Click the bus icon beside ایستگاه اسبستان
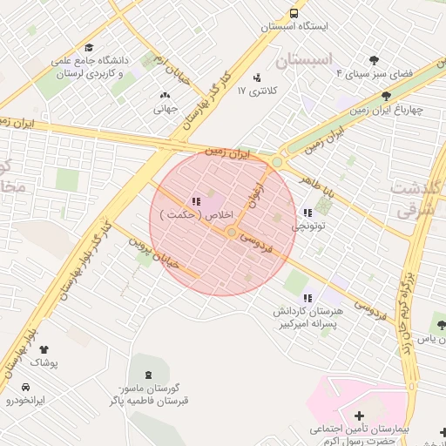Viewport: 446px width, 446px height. coord(294,13)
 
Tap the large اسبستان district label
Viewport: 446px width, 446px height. coord(304,62)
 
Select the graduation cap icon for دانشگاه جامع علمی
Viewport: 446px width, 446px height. coord(89,47)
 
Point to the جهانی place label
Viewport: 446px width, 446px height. coord(166,109)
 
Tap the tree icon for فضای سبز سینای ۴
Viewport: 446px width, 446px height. coord(375,60)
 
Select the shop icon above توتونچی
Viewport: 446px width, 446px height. coord(307,213)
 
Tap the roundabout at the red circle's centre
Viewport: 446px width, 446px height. coord(232,232)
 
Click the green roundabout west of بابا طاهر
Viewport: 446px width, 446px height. coord(278,162)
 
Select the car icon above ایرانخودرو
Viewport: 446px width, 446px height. coord(26,387)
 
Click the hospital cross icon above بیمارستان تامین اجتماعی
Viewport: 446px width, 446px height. coord(359,416)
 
